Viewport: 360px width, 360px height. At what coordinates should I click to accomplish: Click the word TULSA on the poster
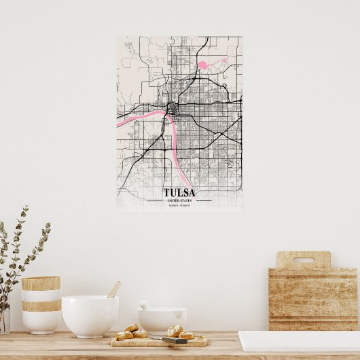click(179, 193)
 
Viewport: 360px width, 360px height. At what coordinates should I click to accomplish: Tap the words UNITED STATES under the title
click(179, 201)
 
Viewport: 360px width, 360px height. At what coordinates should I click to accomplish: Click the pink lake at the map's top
click(202, 66)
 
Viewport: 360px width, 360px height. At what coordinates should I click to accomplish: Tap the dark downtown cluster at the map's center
click(173, 109)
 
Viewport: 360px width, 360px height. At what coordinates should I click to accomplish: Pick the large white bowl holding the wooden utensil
click(90, 316)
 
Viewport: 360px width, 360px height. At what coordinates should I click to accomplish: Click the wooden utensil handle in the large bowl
click(114, 289)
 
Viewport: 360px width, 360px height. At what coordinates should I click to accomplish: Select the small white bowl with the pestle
click(162, 320)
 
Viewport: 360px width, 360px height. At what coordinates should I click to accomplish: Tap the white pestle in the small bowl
click(145, 305)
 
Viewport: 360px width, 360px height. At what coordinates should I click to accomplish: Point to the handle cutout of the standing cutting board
click(303, 260)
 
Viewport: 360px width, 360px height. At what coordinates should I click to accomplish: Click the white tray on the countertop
click(299, 341)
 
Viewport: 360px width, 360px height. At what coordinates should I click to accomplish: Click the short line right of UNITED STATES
click(203, 201)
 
